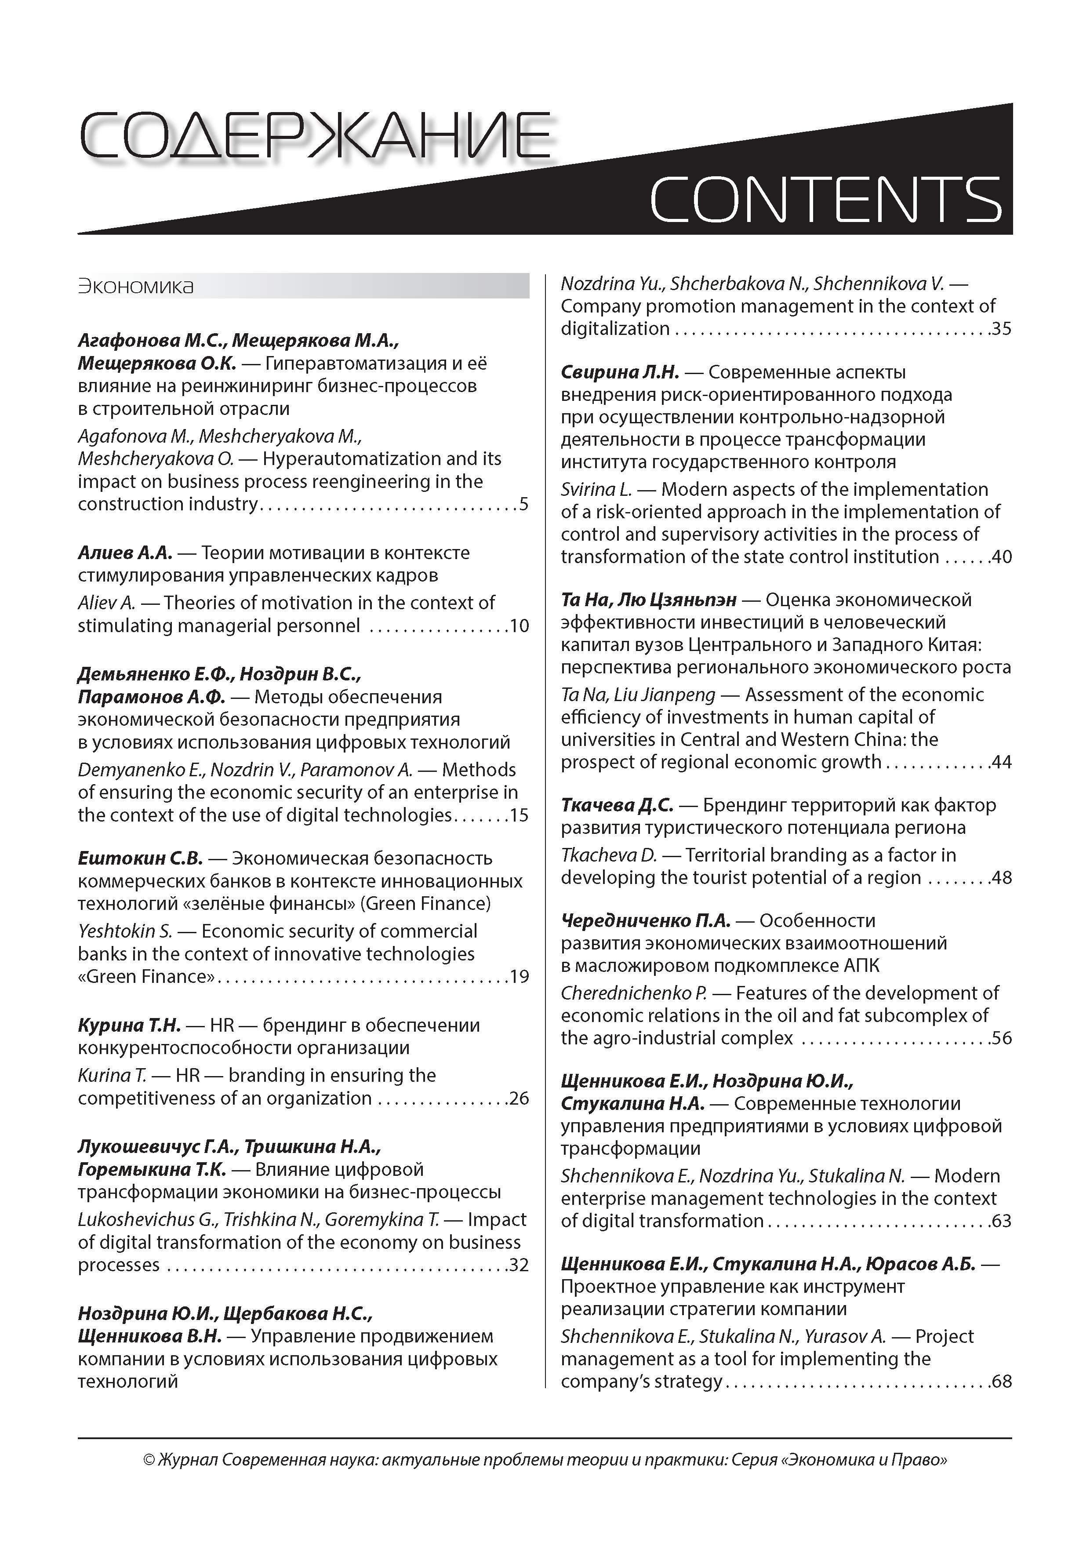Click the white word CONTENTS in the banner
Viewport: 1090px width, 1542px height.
tap(825, 200)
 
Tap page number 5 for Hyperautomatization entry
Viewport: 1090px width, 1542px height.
tap(524, 504)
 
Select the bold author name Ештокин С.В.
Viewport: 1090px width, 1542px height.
tap(140, 858)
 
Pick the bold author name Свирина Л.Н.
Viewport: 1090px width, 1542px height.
tap(620, 372)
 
